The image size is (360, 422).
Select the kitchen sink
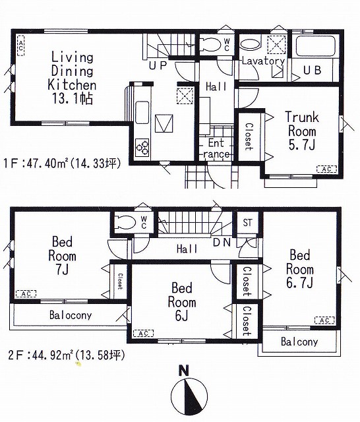(x=142, y=112)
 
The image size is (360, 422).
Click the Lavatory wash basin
(x=250, y=45)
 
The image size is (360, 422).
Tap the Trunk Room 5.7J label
(x=302, y=131)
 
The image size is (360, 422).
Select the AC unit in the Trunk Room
(x=326, y=169)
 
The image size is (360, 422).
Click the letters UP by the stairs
(x=158, y=65)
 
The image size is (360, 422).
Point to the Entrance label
(x=216, y=148)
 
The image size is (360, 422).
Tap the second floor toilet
(x=125, y=223)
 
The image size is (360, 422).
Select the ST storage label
(x=247, y=223)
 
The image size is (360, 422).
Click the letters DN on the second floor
(x=222, y=243)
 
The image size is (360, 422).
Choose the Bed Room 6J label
(x=182, y=302)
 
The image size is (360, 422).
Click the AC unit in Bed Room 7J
(x=26, y=293)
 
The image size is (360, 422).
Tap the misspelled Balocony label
(x=71, y=315)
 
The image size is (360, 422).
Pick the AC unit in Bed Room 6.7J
(x=325, y=320)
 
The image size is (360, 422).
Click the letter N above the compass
(x=184, y=371)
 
